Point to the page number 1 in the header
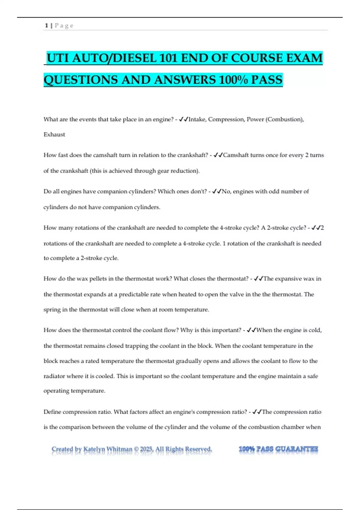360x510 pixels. point(46,25)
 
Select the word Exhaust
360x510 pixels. point(54,134)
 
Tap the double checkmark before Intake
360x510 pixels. point(183,119)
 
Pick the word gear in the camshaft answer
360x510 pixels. point(163,171)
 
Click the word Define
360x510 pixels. point(52,412)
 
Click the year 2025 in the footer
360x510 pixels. point(147,449)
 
